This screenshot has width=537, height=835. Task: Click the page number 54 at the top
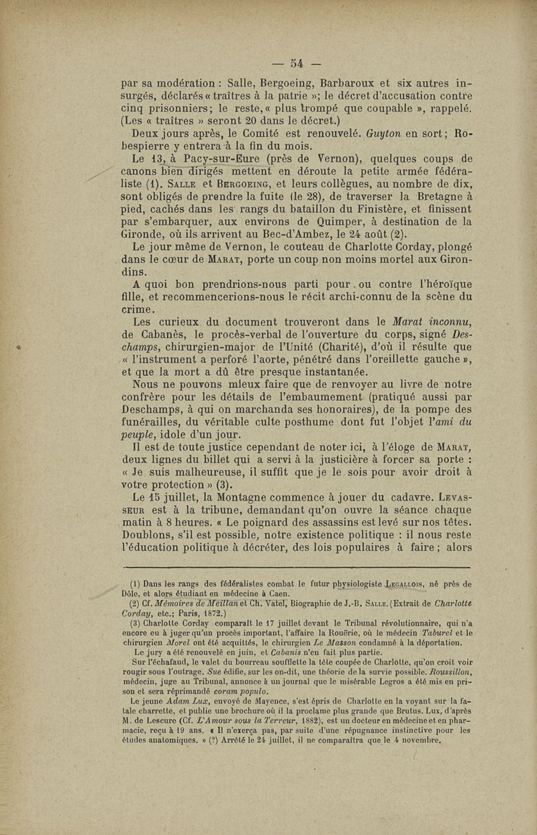(295, 64)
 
